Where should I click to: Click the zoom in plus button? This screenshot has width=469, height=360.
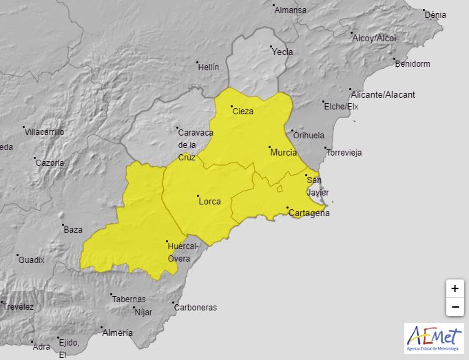tap(455, 289)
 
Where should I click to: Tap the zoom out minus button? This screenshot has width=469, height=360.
tap(455, 307)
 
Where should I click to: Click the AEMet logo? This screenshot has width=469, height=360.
tap(434, 338)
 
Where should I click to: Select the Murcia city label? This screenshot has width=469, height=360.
tap(284, 152)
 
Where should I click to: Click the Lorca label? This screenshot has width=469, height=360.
tap(209, 201)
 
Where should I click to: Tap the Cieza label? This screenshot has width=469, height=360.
tap(244, 112)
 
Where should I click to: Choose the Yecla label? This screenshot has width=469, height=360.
tap(282, 52)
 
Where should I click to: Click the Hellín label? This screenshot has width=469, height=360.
tap(208, 67)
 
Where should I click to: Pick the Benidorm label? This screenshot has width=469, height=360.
tap(413, 64)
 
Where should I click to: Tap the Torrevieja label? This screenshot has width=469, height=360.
tap(344, 153)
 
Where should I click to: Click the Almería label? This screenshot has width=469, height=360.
tap(117, 333)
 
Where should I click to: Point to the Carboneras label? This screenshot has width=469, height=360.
tap(196, 308)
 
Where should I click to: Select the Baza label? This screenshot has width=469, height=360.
tap(73, 230)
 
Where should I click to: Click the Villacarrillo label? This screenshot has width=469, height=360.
tap(46, 131)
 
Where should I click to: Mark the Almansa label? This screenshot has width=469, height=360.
tap(290, 10)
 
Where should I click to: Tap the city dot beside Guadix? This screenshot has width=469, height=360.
tap(17, 255)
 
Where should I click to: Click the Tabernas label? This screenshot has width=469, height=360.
tap(129, 299)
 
